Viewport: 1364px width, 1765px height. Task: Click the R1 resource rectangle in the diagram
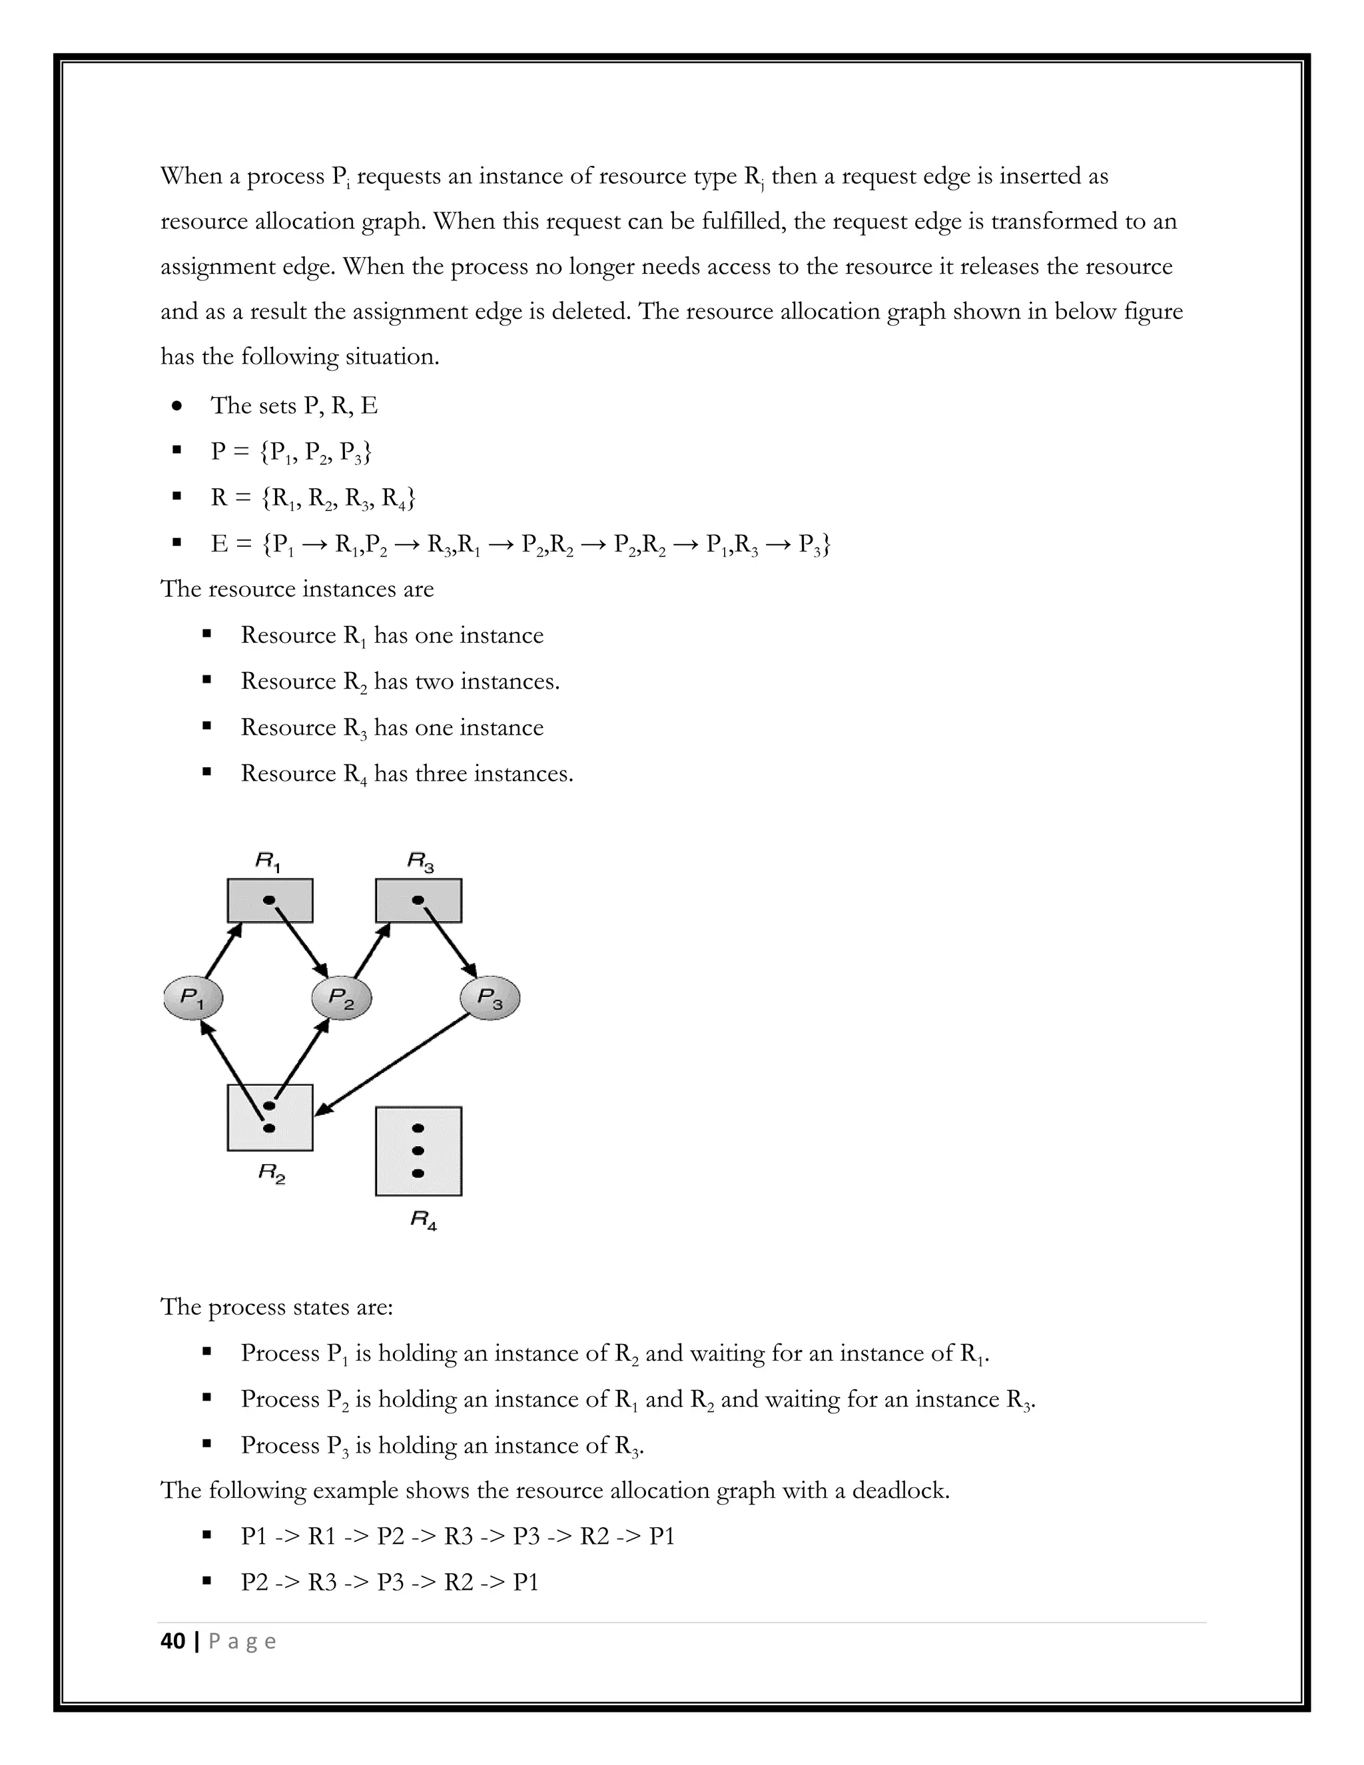click(270, 900)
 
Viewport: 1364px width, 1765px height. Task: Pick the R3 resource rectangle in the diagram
click(418, 900)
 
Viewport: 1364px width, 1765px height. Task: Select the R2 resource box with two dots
click(270, 1118)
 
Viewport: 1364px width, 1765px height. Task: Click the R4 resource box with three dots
click(418, 1151)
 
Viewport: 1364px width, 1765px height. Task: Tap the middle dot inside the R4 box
click(418, 1151)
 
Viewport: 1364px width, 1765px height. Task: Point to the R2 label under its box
click(272, 1173)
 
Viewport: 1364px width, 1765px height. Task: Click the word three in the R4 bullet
click(441, 773)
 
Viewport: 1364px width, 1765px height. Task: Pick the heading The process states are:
click(276, 1307)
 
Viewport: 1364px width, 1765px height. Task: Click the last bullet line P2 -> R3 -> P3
click(390, 1582)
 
